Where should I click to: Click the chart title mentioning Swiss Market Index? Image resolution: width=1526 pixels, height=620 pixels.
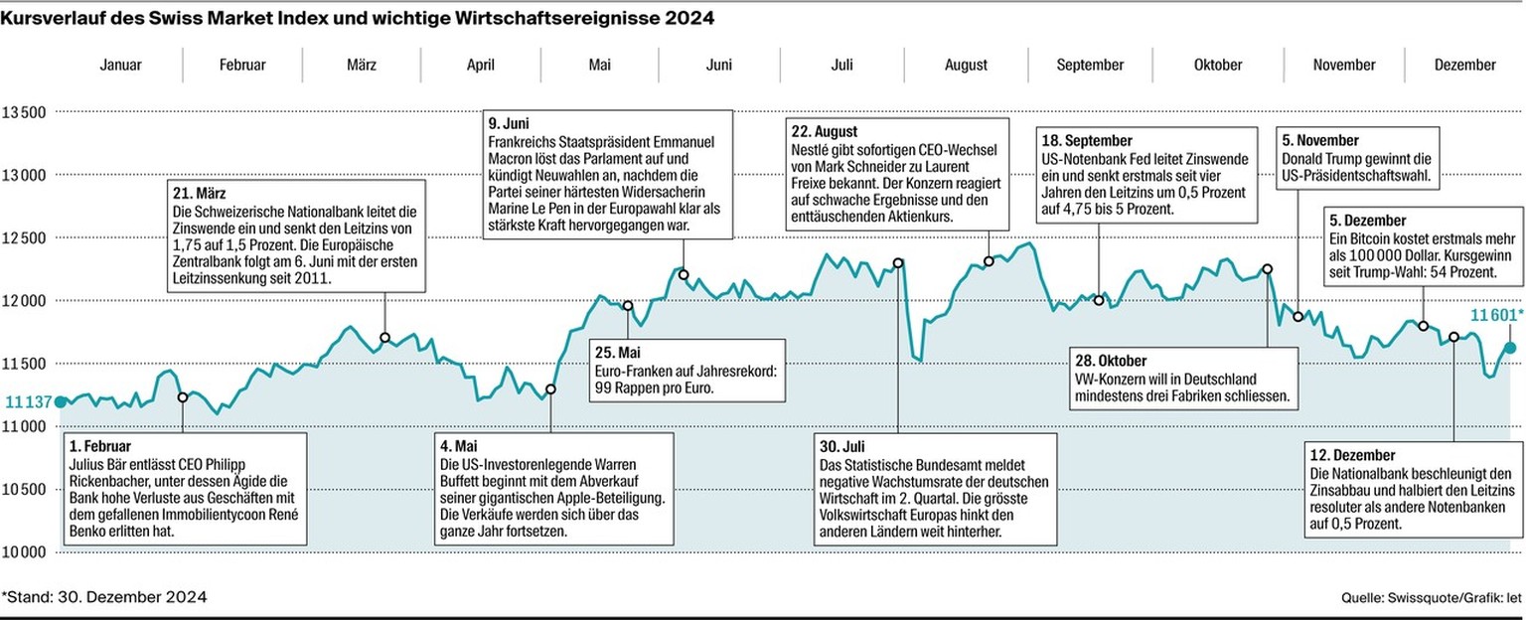point(359,19)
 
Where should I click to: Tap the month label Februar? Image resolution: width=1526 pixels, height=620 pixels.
point(242,65)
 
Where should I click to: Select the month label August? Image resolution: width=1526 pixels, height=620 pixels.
point(967,65)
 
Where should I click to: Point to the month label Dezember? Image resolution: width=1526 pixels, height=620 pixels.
point(1464,65)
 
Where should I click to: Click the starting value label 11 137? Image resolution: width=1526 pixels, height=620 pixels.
point(26,401)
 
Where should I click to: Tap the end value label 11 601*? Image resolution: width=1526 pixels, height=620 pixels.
point(1494,314)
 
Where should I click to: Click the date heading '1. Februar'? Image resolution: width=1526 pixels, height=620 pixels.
point(100,446)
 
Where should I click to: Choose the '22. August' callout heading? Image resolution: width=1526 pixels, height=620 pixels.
point(825,131)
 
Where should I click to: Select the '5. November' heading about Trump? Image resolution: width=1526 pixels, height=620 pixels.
point(1320,141)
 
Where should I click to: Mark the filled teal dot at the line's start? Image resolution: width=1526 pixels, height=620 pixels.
point(60,401)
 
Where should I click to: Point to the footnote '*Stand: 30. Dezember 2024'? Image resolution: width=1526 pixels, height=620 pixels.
point(104,597)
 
